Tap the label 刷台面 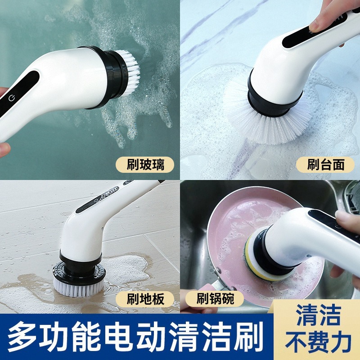325,164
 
